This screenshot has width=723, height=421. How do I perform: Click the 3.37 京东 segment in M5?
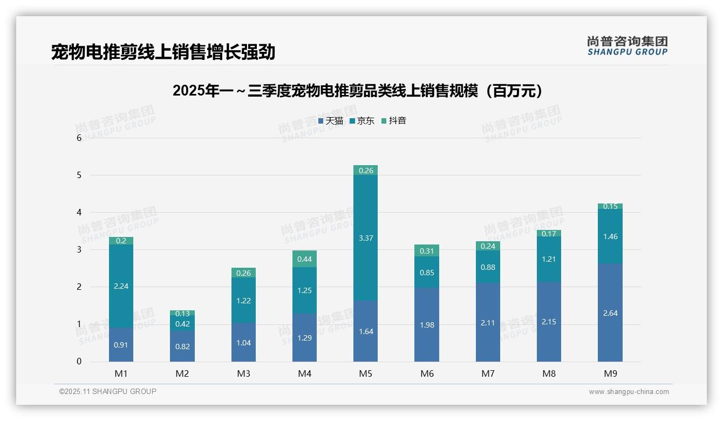tap(365, 237)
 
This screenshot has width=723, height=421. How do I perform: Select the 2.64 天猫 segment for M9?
tap(610, 313)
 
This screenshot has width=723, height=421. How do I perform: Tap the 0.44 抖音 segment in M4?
tap(304, 259)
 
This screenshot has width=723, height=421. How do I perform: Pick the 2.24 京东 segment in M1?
tap(121, 286)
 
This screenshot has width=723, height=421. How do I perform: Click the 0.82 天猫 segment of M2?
tap(182, 346)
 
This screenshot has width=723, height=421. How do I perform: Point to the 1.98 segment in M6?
tap(427, 325)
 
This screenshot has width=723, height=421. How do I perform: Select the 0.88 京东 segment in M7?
tap(488, 267)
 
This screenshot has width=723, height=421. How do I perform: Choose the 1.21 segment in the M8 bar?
tap(549, 259)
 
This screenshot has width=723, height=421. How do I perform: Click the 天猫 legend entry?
tap(331, 121)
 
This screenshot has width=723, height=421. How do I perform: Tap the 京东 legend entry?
tap(362, 121)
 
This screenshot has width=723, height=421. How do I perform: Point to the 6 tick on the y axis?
tap(79, 138)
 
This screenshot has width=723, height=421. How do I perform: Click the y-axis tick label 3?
tap(79, 250)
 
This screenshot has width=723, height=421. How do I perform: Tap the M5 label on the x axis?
tap(365, 374)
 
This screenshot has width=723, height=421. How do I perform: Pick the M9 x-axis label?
tap(610, 374)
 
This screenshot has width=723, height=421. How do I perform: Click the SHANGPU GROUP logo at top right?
tap(627, 46)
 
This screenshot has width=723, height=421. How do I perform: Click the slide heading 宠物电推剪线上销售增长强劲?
tap(163, 52)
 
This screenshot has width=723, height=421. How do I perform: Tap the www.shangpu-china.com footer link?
tap(629, 392)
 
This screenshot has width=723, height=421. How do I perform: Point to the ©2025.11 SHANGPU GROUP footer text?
tap(107, 392)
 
